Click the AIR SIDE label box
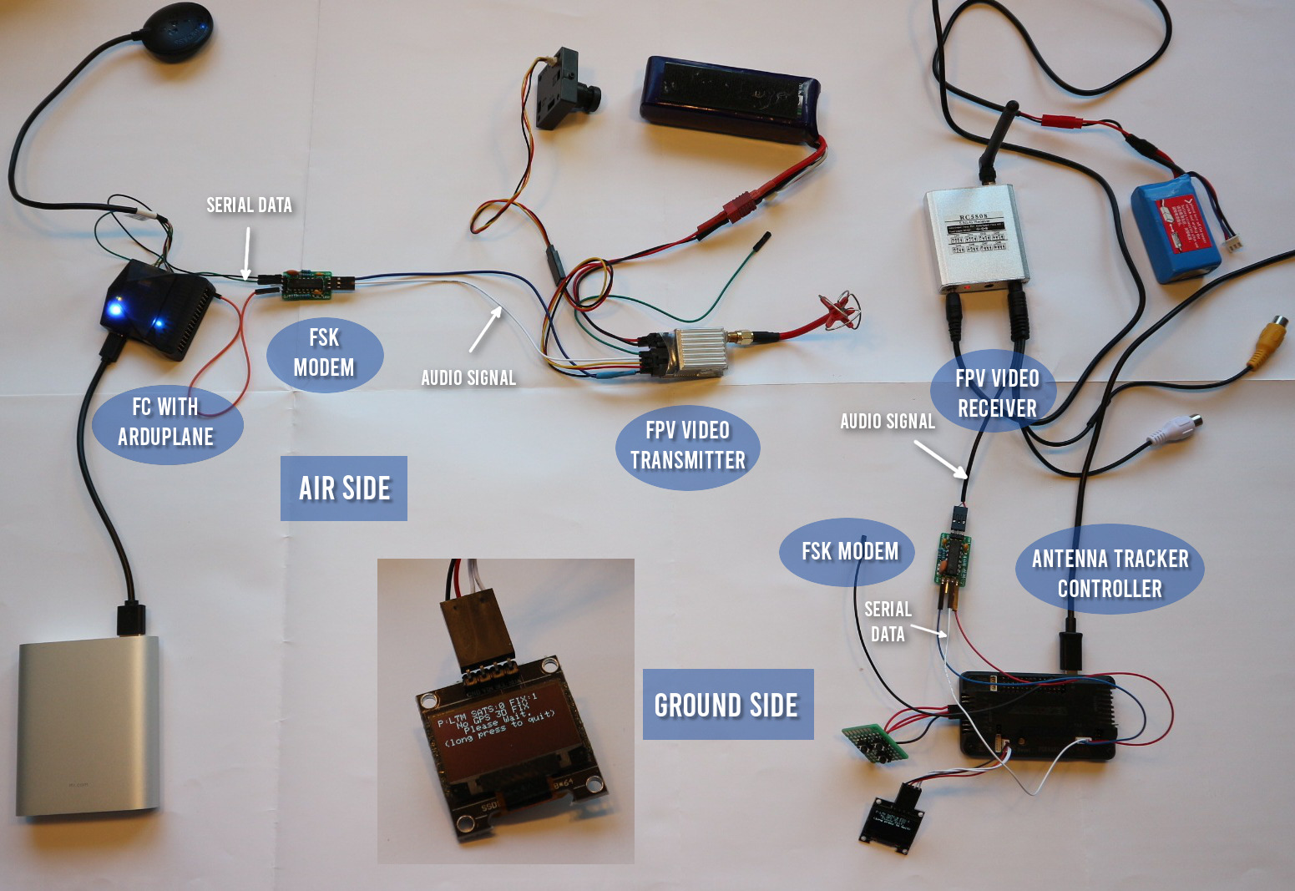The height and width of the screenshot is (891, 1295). [x=344, y=489]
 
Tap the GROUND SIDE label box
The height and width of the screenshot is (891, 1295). [x=727, y=705]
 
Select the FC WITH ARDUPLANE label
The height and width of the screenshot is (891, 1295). [x=166, y=422]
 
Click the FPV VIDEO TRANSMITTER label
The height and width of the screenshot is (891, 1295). [x=687, y=445]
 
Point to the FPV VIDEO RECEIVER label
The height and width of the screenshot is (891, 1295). [x=997, y=393]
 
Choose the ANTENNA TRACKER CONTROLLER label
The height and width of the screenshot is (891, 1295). [x=1110, y=573]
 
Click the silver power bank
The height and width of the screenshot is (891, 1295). [x=88, y=726]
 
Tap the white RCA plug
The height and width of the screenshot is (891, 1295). [x=1176, y=428]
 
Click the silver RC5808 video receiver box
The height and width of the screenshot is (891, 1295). [x=976, y=238]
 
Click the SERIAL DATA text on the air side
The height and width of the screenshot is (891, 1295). [x=249, y=205]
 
